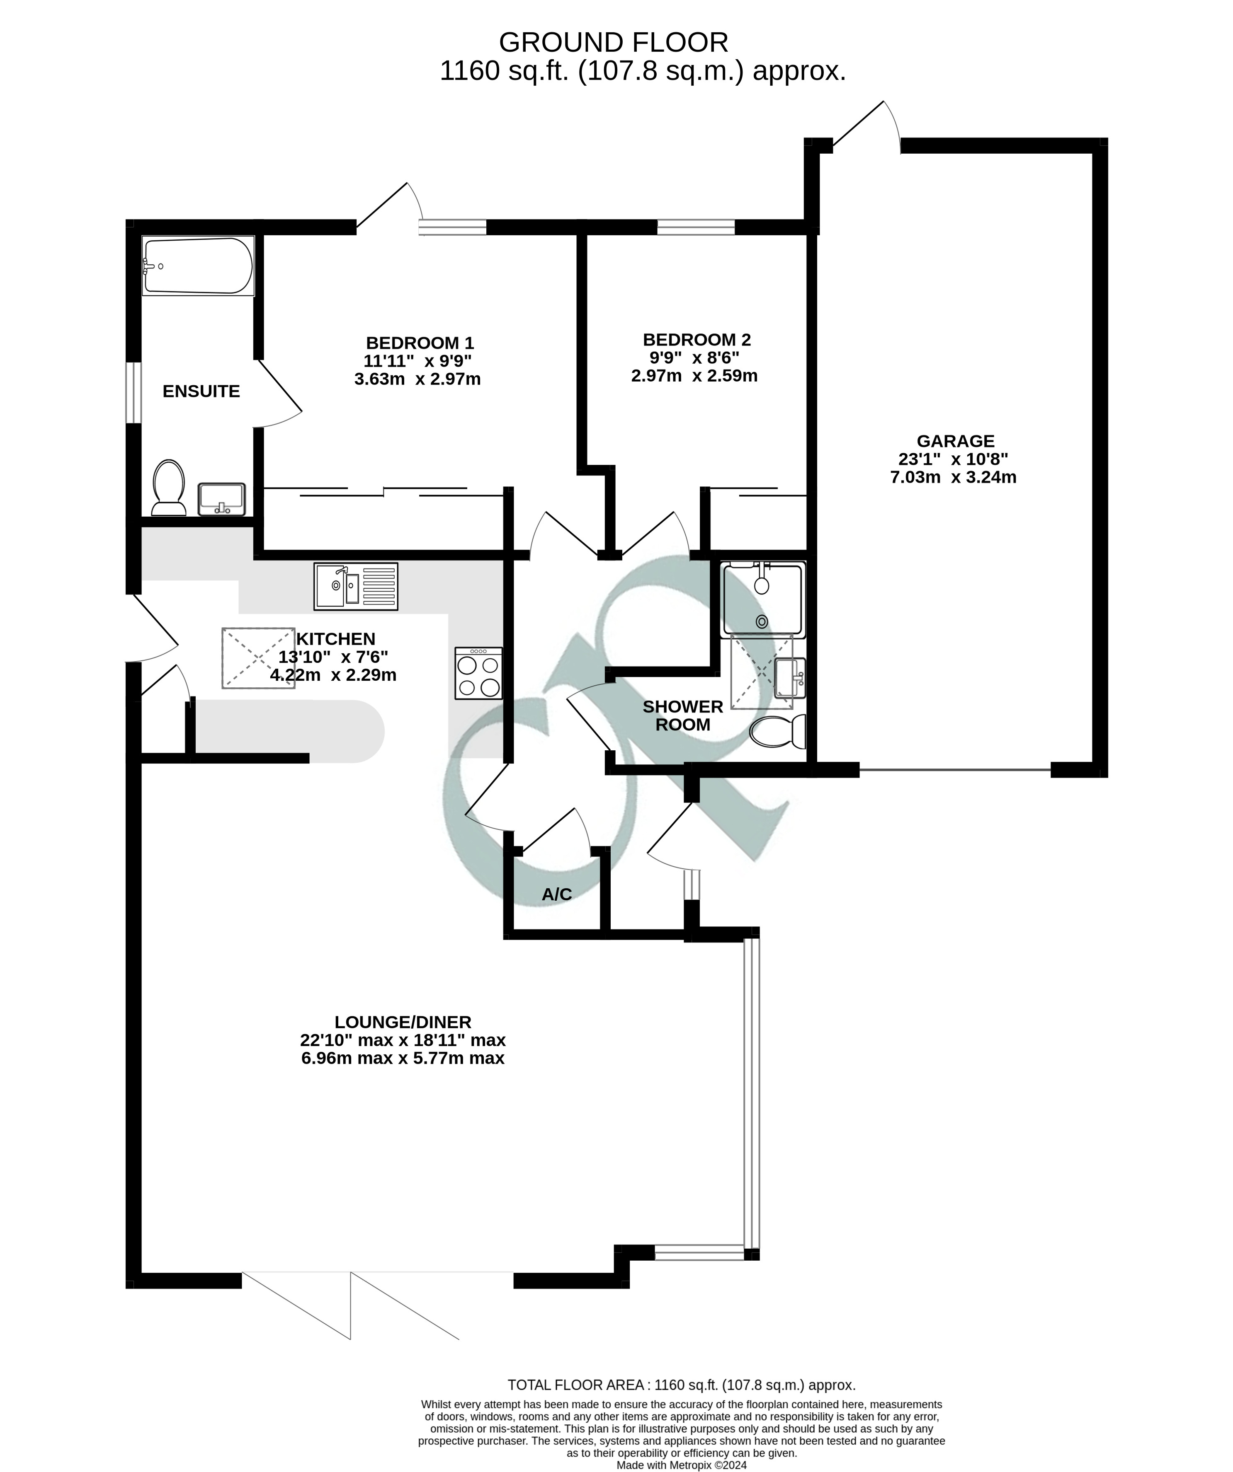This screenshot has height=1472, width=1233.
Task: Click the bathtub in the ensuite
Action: click(x=198, y=266)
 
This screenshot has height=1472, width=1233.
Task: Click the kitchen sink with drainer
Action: click(x=356, y=586)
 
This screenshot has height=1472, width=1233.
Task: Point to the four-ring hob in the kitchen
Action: click(x=478, y=673)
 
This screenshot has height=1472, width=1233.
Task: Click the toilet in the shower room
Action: click(x=779, y=732)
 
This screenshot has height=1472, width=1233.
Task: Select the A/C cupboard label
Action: click(x=556, y=894)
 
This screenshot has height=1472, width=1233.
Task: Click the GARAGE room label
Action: click(x=955, y=441)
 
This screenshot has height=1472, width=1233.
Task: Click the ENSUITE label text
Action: click(x=201, y=391)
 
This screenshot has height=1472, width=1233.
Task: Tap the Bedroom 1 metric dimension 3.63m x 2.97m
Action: click(x=417, y=379)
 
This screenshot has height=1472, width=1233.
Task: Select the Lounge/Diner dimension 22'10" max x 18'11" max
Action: click(x=403, y=1039)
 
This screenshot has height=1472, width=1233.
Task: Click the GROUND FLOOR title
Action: click(x=613, y=43)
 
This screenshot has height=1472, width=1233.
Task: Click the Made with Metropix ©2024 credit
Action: click(x=681, y=1465)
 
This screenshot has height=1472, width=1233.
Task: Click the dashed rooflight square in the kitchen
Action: click(x=258, y=657)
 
